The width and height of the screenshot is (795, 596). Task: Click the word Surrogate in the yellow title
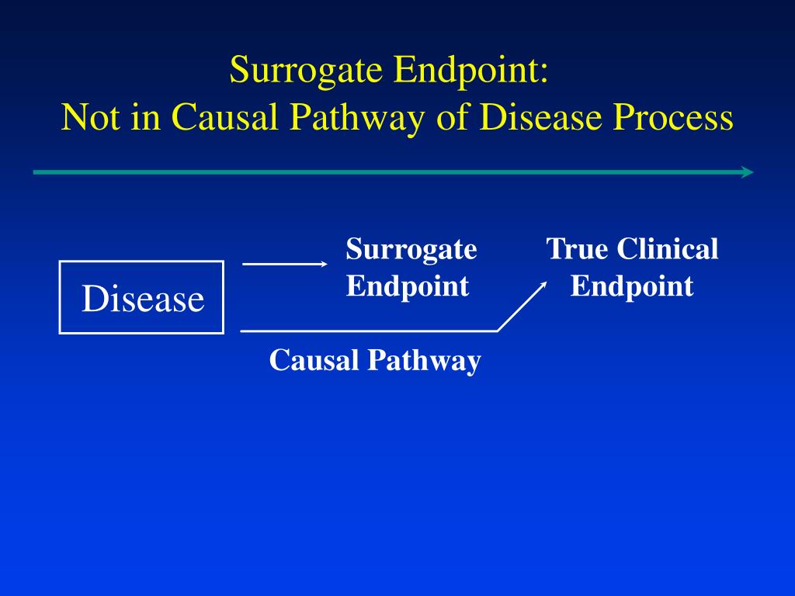click(x=306, y=71)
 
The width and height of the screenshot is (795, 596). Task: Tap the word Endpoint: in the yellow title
click(x=470, y=71)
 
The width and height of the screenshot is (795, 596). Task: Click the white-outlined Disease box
click(x=142, y=298)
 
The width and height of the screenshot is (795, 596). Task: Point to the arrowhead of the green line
click(x=748, y=172)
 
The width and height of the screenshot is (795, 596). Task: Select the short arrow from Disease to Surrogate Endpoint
click(x=285, y=265)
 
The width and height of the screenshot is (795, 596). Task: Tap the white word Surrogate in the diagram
click(x=411, y=250)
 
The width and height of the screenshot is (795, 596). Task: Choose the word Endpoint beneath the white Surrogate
click(x=408, y=286)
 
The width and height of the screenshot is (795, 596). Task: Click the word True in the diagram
click(x=575, y=250)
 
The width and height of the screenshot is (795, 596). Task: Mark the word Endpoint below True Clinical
click(x=631, y=286)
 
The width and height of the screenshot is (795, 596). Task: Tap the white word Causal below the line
click(x=313, y=360)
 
